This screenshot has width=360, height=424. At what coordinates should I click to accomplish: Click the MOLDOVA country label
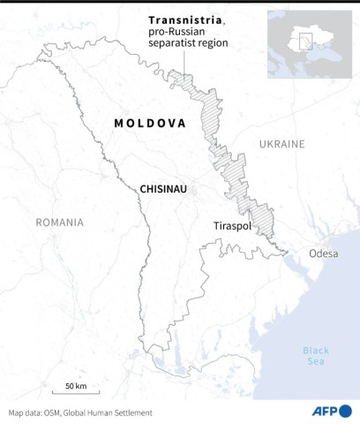click(x=150, y=124)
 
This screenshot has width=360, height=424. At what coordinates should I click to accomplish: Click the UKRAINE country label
click(x=281, y=143)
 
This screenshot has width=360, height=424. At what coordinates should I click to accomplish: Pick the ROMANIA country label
click(x=59, y=223)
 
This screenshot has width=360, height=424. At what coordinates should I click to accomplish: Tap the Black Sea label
click(x=315, y=355)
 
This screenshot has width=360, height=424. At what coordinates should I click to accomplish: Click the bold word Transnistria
click(x=186, y=19)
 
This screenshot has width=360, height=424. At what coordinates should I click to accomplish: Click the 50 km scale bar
click(x=75, y=392)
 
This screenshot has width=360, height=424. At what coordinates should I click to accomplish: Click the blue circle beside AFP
click(x=345, y=411)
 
